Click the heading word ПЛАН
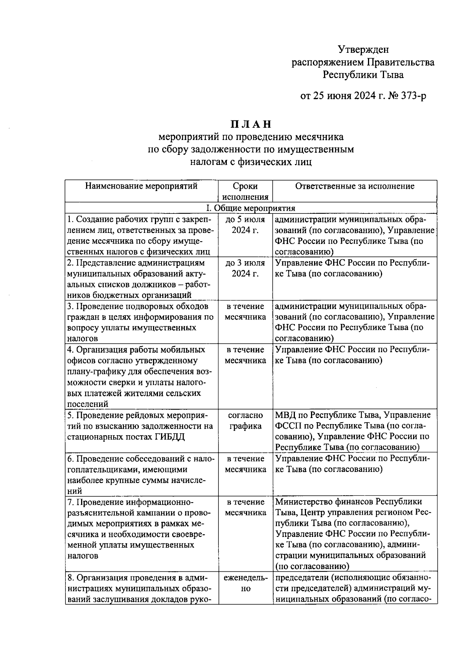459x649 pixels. point(251,124)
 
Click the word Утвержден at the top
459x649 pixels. point(363,49)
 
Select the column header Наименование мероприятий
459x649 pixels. point(141,186)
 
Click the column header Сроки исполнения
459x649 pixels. point(245,192)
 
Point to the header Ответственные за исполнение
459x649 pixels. point(355,186)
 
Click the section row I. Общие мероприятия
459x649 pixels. point(251,208)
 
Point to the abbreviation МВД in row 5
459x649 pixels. point(285,415)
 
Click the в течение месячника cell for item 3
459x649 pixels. point(245,312)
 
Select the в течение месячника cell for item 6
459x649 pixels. point(245,464)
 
